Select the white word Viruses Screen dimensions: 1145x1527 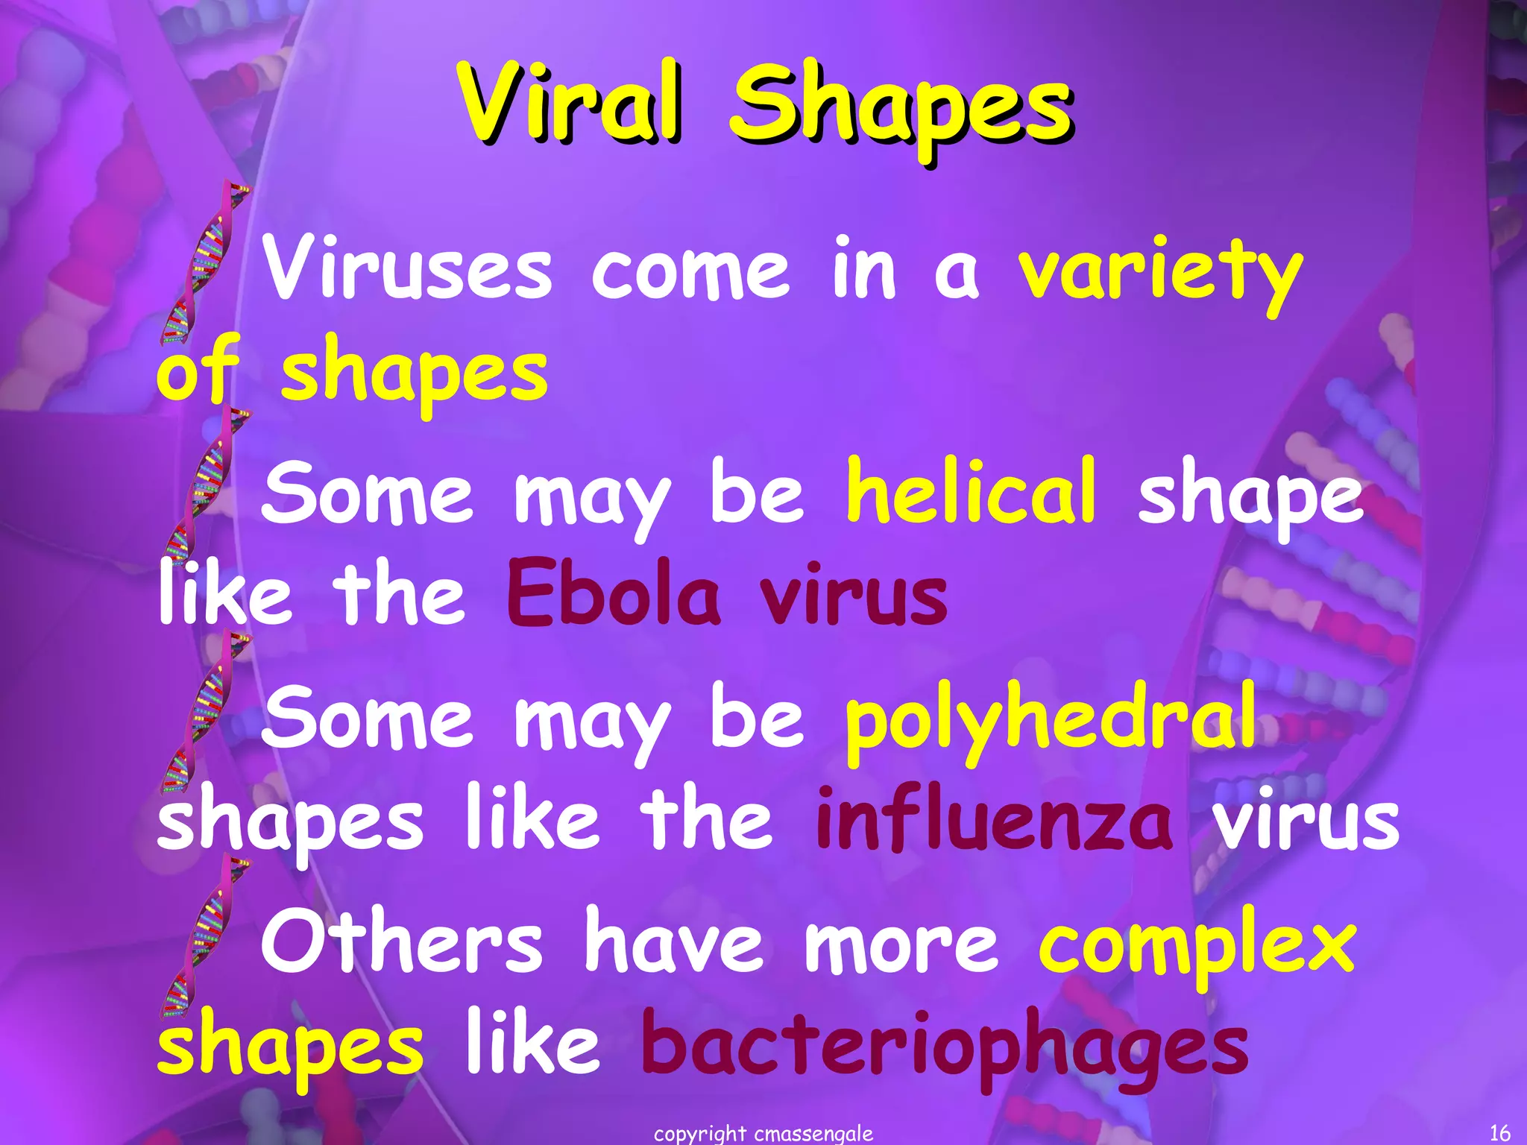point(408,268)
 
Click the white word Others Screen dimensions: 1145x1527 point(401,941)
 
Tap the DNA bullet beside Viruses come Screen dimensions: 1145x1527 point(203,265)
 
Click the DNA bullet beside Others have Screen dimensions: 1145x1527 point(203,939)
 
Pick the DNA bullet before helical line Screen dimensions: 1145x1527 point(203,488)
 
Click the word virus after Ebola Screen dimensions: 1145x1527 point(853,596)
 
